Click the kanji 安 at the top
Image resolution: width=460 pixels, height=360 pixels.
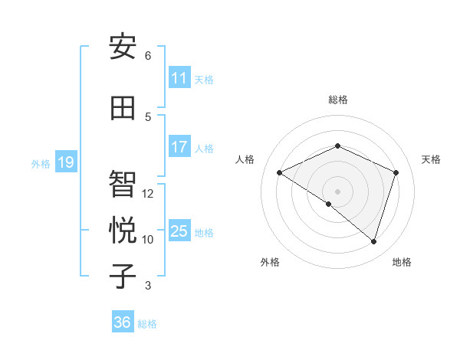(x=123, y=47)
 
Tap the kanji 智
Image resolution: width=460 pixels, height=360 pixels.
(x=123, y=185)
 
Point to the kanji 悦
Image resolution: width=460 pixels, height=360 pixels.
(x=123, y=231)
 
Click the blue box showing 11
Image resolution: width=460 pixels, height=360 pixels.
(x=179, y=79)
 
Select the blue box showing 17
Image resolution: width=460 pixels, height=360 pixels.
(x=179, y=148)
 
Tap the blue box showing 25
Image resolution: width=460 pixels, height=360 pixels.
(x=179, y=231)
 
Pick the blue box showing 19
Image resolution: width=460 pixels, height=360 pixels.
(x=65, y=162)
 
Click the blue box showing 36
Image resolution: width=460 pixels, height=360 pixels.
(x=123, y=322)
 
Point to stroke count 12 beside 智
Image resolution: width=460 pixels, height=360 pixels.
(x=148, y=194)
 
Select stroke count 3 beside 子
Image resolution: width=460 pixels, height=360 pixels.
(x=148, y=286)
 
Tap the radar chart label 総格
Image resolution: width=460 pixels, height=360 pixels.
(x=337, y=100)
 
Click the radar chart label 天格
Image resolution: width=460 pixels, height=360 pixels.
(x=431, y=159)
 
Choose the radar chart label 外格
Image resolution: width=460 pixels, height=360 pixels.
(x=270, y=263)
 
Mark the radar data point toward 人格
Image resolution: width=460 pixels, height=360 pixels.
(x=280, y=173)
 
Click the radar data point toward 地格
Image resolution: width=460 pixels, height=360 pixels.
(x=373, y=241)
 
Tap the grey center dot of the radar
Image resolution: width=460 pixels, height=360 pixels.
(x=337, y=191)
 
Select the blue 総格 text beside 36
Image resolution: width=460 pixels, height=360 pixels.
(x=147, y=324)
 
